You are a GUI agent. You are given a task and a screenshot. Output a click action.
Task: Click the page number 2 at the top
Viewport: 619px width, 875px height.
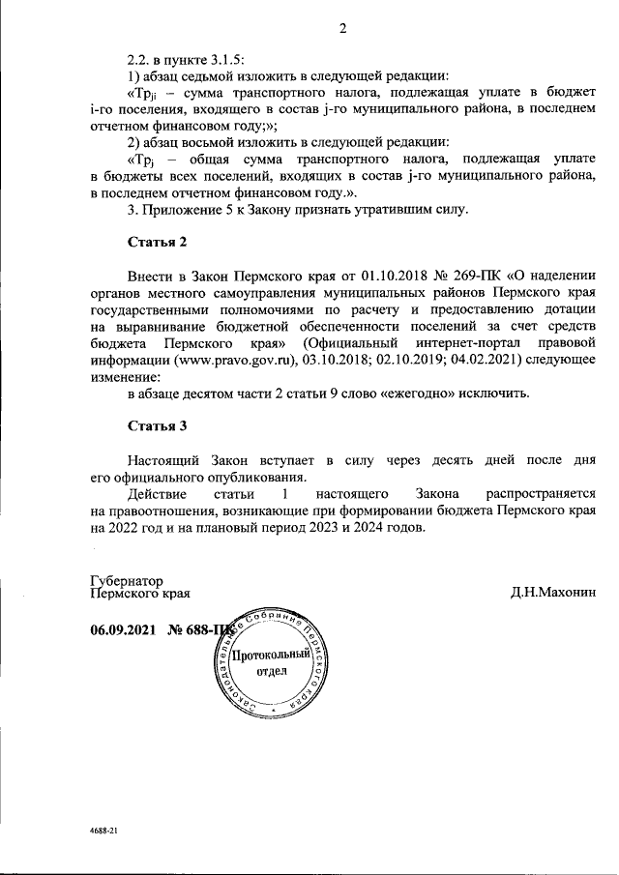pyautogui.click(x=342, y=29)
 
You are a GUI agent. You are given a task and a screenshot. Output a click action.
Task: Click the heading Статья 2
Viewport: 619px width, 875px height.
pyautogui.click(x=157, y=240)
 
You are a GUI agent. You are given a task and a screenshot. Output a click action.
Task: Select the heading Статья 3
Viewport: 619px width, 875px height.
pyautogui.click(x=157, y=425)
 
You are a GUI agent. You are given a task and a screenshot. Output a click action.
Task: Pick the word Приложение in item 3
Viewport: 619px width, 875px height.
pyautogui.click(x=179, y=210)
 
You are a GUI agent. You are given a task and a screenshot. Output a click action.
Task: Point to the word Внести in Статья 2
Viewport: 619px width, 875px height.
pyautogui.click(x=150, y=274)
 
